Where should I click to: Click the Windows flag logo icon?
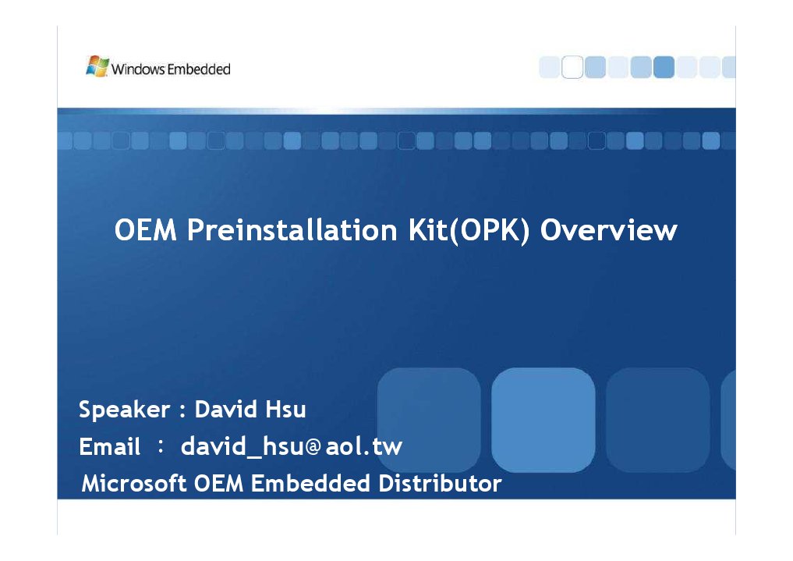pos(97,66)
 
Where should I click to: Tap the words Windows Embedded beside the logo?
pos(171,69)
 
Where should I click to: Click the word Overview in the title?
pos(608,231)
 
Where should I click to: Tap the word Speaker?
pos(125,410)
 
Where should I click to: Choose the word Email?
pos(110,447)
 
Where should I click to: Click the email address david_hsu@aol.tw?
pos(291,447)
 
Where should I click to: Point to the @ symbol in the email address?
pos(313,448)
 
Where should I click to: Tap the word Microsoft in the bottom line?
pos(134,484)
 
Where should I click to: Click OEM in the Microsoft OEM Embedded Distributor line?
pos(219,484)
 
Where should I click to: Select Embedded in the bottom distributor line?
pos(310,484)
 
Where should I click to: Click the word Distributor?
pos(440,484)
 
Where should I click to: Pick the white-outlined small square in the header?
pos(572,68)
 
